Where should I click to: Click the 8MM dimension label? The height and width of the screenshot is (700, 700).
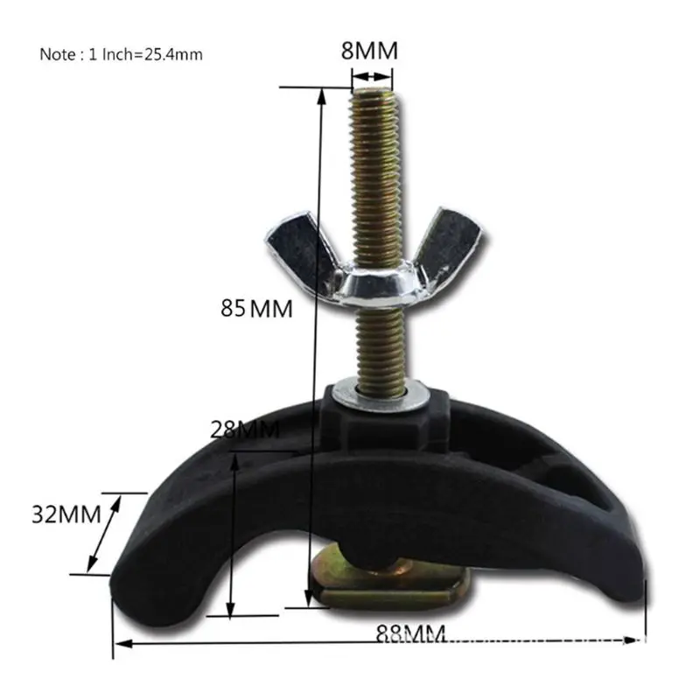click(368, 51)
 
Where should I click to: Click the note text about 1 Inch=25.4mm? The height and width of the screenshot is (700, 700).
click(121, 54)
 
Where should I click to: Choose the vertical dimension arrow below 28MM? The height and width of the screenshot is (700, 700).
click(232, 534)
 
